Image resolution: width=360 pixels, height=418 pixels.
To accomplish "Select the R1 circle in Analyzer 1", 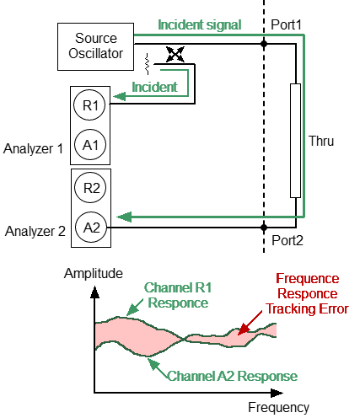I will pyautogui.click(x=92, y=106).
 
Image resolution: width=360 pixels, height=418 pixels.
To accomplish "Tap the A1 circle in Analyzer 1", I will pyautogui.click(x=92, y=144).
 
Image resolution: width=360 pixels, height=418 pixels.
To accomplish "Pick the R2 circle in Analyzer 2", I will pyautogui.click(x=92, y=187).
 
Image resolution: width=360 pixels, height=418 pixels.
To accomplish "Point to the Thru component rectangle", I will pyautogui.click(x=295, y=139).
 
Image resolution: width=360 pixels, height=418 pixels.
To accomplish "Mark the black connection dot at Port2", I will pyautogui.click(x=265, y=228).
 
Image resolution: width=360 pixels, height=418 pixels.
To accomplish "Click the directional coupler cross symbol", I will pyautogui.click(x=175, y=55).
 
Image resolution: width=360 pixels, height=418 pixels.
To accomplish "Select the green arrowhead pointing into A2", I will pyautogui.click(x=123, y=217).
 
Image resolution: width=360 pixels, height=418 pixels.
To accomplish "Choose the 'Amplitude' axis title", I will pyautogui.click(x=94, y=274).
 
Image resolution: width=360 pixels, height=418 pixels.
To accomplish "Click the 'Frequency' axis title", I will pyautogui.click(x=279, y=407).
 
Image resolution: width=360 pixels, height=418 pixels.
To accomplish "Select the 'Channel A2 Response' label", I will pyautogui.click(x=231, y=374).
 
